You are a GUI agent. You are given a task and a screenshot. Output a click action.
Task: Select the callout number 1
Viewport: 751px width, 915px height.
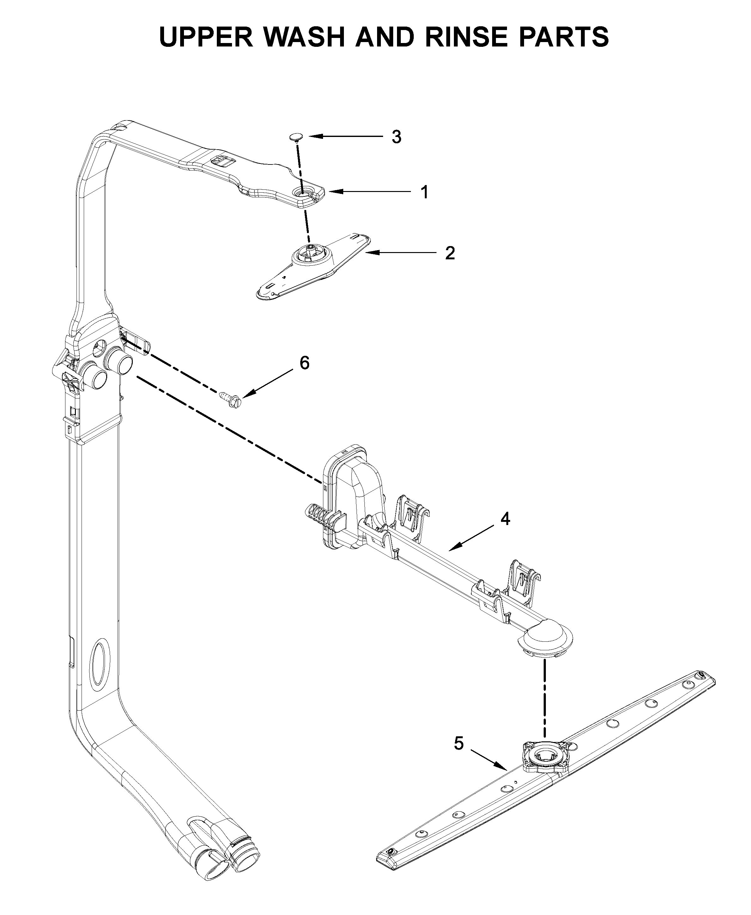point(425,192)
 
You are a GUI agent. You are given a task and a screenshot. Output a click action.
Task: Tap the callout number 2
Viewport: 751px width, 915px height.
point(450,253)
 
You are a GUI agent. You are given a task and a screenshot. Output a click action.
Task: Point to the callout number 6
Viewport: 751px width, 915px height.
point(305,363)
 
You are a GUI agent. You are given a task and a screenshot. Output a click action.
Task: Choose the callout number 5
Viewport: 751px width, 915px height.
point(459,744)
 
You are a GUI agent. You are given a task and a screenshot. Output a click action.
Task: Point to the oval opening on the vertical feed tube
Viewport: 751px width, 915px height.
point(100,663)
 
